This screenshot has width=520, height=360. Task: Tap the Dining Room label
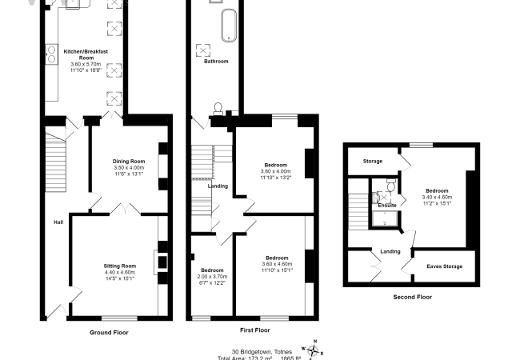click(x=129, y=162)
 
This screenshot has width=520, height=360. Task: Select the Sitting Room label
click(x=120, y=266)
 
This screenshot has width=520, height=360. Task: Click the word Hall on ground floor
click(x=58, y=222)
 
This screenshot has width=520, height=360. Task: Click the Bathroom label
click(x=216, y=61)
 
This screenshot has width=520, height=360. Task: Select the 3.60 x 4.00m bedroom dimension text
click(x=276, y=171)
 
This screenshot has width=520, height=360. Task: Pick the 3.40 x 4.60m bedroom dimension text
click(x=436, y=197)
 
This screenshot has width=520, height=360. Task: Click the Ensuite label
click(x=388, y=206)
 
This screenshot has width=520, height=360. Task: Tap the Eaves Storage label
click(x=444, y=266)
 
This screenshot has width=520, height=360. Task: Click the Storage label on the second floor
click(x=372, y=161)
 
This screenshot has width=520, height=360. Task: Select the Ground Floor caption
click(x=108, y=332)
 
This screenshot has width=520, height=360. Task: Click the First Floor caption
click(x=255, y=330)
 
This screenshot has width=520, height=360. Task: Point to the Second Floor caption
click(x=412, y=297)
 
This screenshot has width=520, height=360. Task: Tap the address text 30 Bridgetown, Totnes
click(x=261, y=351)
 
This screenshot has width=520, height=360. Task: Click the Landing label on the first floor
click(x=218, y=186)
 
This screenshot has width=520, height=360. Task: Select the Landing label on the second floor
click(x=390, y=252)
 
